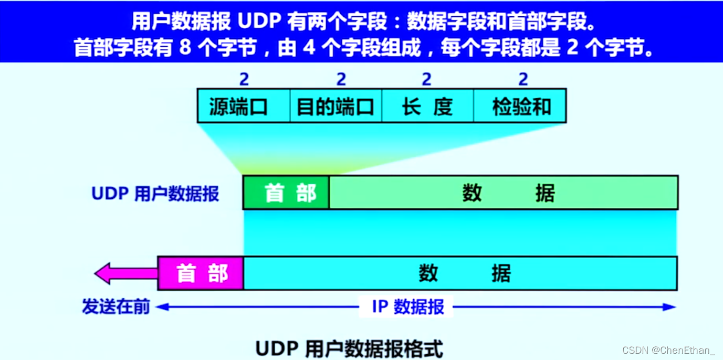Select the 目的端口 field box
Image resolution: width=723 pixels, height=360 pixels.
click(336, 106)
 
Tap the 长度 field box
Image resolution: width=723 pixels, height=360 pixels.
click(427, 106)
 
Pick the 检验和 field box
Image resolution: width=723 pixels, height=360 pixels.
click(520, 106)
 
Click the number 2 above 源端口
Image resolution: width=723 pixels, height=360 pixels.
click(244, 79)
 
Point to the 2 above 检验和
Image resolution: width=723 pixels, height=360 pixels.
click(523, 79)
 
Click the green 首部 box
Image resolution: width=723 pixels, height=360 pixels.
click(286, 193)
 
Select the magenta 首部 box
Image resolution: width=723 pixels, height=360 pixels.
click(201, 273)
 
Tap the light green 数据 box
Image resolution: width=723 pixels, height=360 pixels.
click(503, 193)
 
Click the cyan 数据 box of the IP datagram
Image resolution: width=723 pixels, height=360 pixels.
click(460, 273)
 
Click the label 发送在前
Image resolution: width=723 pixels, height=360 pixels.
click(116, 306)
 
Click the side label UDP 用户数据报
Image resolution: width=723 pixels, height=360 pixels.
click(155, 194)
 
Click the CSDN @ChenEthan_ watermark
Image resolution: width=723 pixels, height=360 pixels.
click(668, 350)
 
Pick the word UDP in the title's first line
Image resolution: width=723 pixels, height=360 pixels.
click(260, 22)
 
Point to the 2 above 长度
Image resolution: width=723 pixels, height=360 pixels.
click(426, 79)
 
